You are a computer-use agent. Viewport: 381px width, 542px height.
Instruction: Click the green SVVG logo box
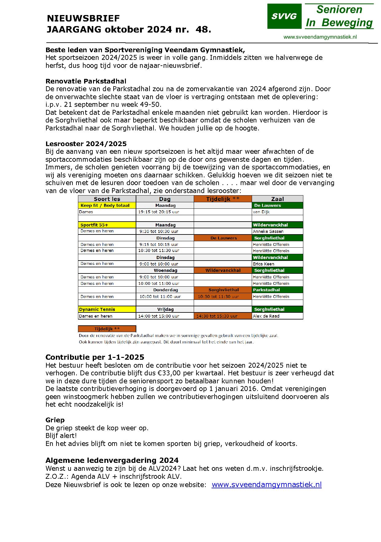pyautogui.click(x=284, y=16)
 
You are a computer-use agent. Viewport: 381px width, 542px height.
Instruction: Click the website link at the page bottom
pyautogui.click(x=266, y=484)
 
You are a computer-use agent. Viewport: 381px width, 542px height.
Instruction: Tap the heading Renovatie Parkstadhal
pyautogui.click(x=86, y=81)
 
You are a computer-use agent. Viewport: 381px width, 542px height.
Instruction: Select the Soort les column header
pyautogui.click(x=107, y=199)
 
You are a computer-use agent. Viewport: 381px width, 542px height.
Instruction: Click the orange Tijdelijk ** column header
pyautogui.click(x=223, y=199)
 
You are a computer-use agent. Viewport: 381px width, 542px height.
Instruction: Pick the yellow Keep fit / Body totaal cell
pyautogui.click(x=107, y=205)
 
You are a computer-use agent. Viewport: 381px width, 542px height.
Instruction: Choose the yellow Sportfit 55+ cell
pyautogui.click(x=107, y=225)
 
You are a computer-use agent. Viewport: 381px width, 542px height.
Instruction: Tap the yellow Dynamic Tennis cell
pyautogui.click(x=107, y=309)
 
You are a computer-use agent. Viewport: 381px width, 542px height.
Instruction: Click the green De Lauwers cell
pyautogui.click(x=277, y=205)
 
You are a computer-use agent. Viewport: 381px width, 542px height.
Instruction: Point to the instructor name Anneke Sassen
pyautogui.click(x=268, y=231)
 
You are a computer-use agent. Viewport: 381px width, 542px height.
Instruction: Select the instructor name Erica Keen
pyautogui.click(x=263, y=264)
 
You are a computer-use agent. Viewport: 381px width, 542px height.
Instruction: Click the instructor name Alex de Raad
pyautogui.click(x=266, y=316)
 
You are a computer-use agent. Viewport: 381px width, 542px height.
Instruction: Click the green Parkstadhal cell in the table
pyautogui.click(x=277, y=290)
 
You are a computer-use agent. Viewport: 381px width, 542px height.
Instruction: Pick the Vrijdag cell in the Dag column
pyautogui.click(x=165, y=309)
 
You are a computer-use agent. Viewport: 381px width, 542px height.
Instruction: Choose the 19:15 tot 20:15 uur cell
pyautogui.click(x=158, y=212)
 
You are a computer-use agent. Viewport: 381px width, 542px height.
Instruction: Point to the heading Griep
pyautogui.click(x=55, y=420)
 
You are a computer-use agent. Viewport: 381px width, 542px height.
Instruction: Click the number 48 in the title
pyautogui.click(x=202, y=29)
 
